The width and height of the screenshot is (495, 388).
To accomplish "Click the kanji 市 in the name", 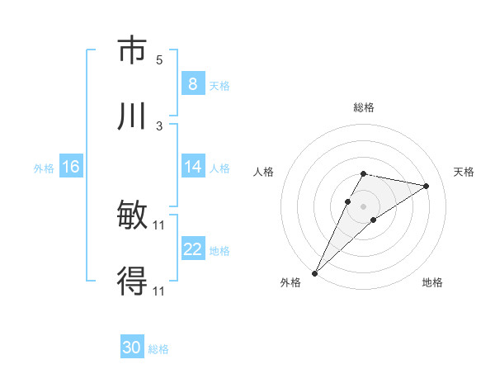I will pyautogui.click(x=132, y=51).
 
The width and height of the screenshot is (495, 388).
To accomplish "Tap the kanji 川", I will pyautogui.click(x=132, y=116).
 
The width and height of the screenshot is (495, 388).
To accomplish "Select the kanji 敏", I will pyautogui.click(x=132, y=217).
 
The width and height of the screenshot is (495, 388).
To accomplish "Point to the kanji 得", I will pyautogui.click(x=132, y=282).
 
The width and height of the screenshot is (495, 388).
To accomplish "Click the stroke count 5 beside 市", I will pyautogui.click(x=159, y=60).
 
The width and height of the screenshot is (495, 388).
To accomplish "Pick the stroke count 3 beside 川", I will pyautogui.click(x=159, y=125).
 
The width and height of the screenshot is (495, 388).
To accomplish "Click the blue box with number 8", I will pyautogui.click(x=192, y=84).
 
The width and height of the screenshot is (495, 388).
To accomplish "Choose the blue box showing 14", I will pyautogui.click(x=192, y=168).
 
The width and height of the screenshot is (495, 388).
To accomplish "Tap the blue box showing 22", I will pyautogui.click(x=192, y=250).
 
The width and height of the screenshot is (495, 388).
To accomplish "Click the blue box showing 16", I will pyautogui.click(x=70, y=168).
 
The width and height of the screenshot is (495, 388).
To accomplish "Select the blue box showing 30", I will pyautogui.click(x=132, y=348).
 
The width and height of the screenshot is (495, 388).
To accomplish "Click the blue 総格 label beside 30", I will pyautogui.click(x=158, y=349).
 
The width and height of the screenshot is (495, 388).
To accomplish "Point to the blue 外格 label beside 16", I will pyautogui.click(x=43, y=168).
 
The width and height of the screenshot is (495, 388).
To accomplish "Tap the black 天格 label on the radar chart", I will pyautogui.click(x=464, y=172).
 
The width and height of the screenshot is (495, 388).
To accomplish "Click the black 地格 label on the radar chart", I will pyautogui.click(x=432, y=282).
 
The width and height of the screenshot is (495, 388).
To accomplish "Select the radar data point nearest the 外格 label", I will pyautogui.click(x=315, y=272).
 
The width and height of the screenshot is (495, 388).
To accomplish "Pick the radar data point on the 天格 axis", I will pyautogui.click(x=426, y=186).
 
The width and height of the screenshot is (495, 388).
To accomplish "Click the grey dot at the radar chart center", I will pyautogui.click(x=363, y=206).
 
